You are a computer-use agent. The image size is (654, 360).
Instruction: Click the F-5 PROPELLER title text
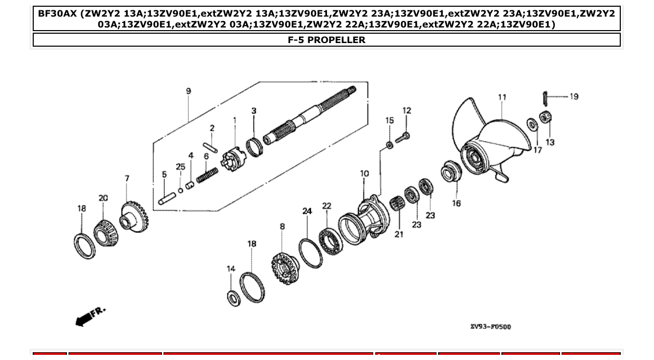click(326, 40)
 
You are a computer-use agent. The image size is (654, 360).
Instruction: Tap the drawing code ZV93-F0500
click(490, 327)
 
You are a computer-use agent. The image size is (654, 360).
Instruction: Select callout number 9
click(188, 91)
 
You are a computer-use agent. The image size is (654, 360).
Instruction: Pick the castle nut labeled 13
click(545, 118)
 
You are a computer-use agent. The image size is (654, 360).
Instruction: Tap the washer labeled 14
click(234, 298)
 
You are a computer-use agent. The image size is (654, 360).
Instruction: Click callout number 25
click(180, 167)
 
